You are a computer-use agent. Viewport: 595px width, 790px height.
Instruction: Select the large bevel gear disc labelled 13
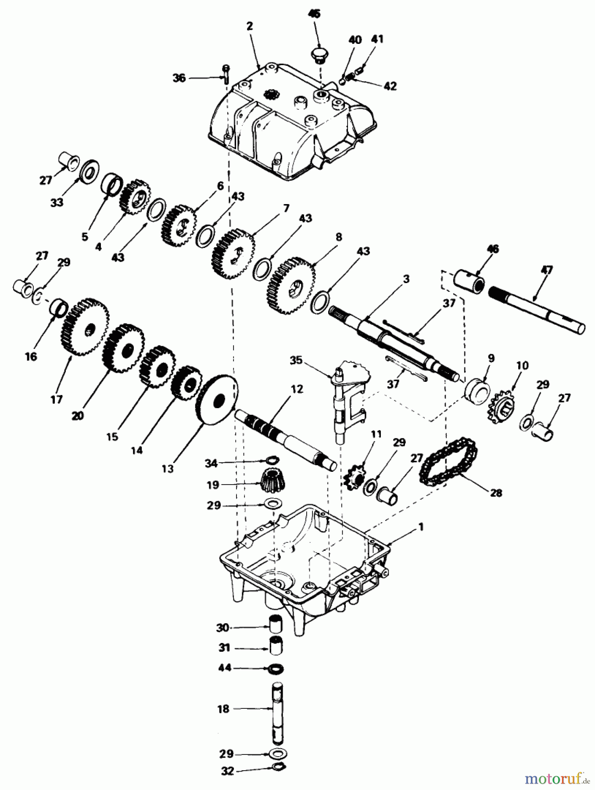click(x=218, y=400)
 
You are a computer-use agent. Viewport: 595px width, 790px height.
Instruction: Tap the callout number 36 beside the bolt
click(x=179, y=78)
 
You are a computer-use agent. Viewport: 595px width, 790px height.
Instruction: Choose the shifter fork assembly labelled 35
click(x=350, y=397)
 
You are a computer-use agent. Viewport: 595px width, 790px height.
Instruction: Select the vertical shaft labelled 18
click(x=276, y=708)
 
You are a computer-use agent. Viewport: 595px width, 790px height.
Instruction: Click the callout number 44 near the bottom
click(x=225, y=668)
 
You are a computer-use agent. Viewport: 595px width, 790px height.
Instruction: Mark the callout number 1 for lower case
click(x=421, y=527)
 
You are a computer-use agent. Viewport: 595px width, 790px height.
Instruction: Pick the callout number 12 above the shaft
click(x=297, y=389)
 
